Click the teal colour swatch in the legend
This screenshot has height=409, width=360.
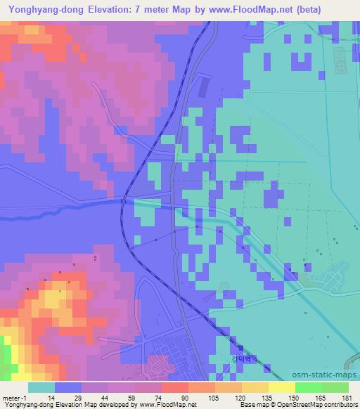40,387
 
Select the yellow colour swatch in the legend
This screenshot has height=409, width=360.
281,387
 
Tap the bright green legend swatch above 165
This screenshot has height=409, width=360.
308,387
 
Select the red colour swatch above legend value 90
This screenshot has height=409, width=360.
174,387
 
